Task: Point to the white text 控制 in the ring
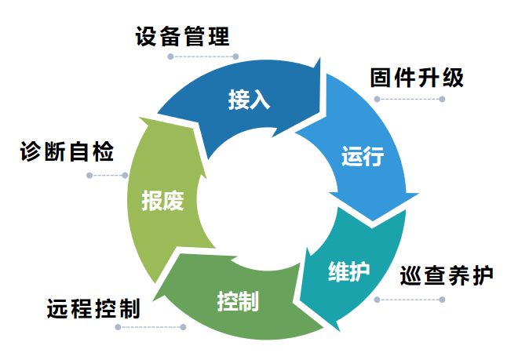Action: coord(238,300)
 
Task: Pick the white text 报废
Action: coord(162,201)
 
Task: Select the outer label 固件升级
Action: coord(417,78)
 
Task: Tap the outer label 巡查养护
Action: coord(446,276)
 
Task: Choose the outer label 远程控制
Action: coord(93,308)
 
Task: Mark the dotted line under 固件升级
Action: coord(409,99)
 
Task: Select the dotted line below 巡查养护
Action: coord(409,300)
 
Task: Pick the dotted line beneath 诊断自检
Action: coord(107,175)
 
